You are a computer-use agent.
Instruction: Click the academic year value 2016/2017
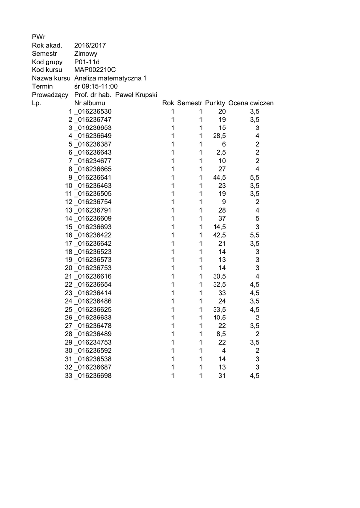coord(90,45)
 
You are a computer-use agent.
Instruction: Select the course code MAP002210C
coord(95,70)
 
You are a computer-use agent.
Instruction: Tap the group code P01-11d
coord(87,62)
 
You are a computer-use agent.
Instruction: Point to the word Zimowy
coord(86,54)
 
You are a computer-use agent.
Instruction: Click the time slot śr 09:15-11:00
coord(96,86)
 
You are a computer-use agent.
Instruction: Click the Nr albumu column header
coord(90,103)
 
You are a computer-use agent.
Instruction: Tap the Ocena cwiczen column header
coord(251,103)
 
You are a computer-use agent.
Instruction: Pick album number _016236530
coord(93,111)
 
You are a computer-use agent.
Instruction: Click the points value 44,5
coord(219,177)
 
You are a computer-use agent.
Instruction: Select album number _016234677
coord(93,161)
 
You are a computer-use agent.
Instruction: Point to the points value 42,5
coord(219,235)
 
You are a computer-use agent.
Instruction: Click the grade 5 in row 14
coord(257,218)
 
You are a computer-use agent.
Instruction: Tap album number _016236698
coord(93,376)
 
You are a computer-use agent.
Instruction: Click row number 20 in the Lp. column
coord(69,268)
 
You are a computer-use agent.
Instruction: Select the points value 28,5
coord(219,136)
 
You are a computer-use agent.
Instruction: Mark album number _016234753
coord(93,342)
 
